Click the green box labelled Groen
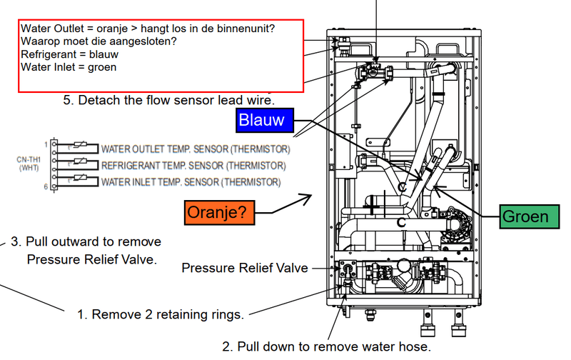point(526,216)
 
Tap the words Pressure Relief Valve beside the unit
point(245,268)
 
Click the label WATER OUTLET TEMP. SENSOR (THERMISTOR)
point(195,149)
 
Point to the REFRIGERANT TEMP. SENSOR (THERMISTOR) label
point(193,166)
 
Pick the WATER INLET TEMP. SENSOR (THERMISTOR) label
point(191,182)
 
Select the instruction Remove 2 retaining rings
point(161,314)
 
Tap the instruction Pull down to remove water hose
point(326,347)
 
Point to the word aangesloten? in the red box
point(142,41)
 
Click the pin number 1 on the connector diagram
point(45,144)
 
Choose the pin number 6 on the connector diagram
point(45,186)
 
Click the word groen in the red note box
point(101,67)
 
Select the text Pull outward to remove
point(93,241)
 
